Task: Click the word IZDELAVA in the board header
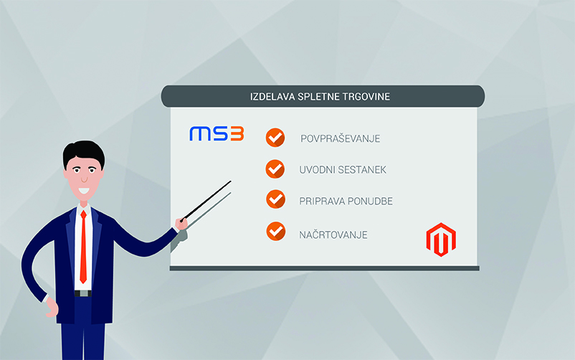point(272,97)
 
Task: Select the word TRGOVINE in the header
point(366,97)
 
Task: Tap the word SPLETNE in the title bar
point(318,97)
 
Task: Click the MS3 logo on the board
point(217,133)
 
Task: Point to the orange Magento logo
point(441,240)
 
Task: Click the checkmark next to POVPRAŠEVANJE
point(275,138)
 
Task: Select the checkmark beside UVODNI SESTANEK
point(275,169)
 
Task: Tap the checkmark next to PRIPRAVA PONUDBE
point(276,199)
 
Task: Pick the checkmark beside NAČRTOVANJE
point(276,232)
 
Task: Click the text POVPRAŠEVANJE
point(341,138)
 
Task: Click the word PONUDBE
point(370,201)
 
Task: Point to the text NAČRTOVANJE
point(333,235)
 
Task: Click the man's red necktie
point(84,247)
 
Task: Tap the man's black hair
point(84,152)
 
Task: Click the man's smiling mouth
point(84,191)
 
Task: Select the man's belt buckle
point(84,293)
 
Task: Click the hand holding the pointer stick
point(181,223)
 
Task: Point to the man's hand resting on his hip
point(52,307)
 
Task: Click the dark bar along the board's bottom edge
point(324,268)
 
